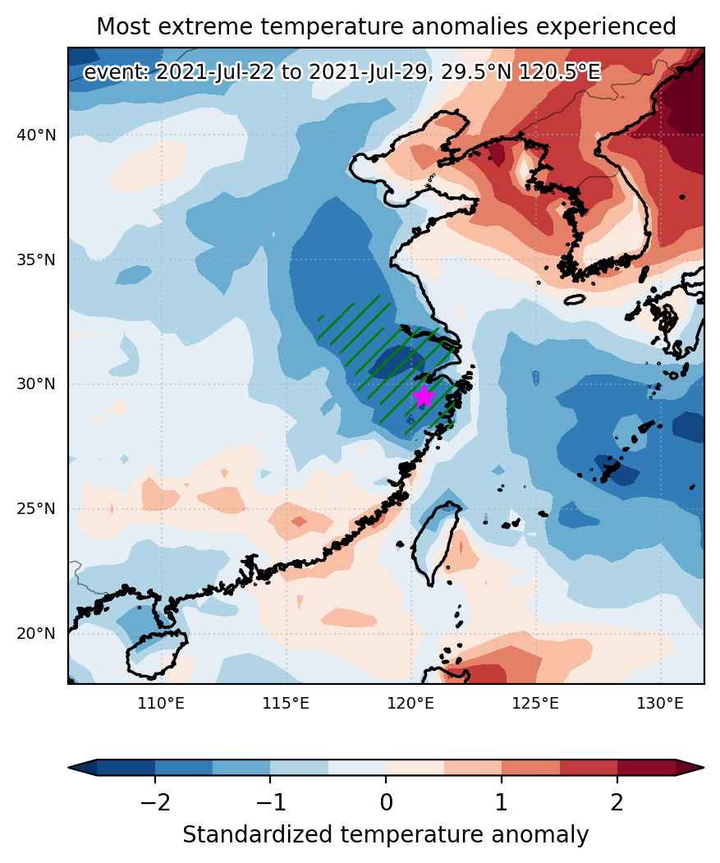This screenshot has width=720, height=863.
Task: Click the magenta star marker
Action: tap(423, 396)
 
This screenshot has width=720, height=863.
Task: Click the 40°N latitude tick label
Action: tap(36, 135)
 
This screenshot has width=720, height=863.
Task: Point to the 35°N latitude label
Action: tap(36, 259)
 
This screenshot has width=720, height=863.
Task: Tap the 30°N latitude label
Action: tap(36, 384)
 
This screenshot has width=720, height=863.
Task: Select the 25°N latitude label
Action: tap(36, 509)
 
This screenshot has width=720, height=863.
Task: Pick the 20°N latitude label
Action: tap(36, 634)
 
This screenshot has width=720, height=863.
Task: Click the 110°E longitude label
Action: tap(161, 704)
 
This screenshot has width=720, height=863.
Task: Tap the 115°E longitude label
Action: tap(286, 704)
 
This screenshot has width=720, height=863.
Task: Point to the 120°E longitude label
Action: tap(410, 704)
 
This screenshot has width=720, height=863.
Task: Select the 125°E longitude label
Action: tap(535, 704)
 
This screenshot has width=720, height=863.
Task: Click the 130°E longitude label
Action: tap(661, 704)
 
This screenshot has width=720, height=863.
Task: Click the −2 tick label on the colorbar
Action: tap(155, 803)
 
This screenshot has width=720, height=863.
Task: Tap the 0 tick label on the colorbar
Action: tap(386, 803)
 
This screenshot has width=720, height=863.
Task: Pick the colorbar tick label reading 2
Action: tap(617, 803)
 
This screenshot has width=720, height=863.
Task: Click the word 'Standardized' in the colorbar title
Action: tap(258, 835)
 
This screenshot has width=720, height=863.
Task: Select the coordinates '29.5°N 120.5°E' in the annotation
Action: tap(521, 72)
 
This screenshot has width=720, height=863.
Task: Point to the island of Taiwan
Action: tap(437, 542)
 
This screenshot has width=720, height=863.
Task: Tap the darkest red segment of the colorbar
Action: tap(646, 767)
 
